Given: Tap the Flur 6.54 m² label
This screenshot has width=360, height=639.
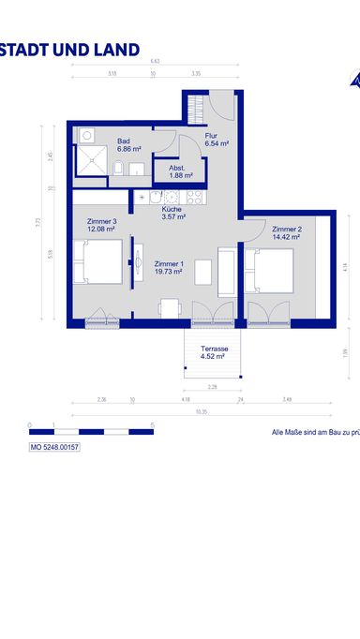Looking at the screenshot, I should coord(217,141).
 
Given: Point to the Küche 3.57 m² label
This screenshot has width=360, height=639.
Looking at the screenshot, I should coord(173,213).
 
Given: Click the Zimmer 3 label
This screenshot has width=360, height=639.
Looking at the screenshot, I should coord(101,225).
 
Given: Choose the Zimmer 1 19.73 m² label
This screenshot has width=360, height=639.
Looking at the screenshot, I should coord(169,268).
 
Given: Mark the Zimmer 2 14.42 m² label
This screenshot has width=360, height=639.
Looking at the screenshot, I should coord(286,233).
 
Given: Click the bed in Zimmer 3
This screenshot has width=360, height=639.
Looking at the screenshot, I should coord(97,262).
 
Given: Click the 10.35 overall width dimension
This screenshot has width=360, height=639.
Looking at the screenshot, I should coord(202,411).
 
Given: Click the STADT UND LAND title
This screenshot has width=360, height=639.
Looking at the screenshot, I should coord(69,50).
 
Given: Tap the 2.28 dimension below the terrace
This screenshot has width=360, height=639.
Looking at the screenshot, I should coord(213,386).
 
